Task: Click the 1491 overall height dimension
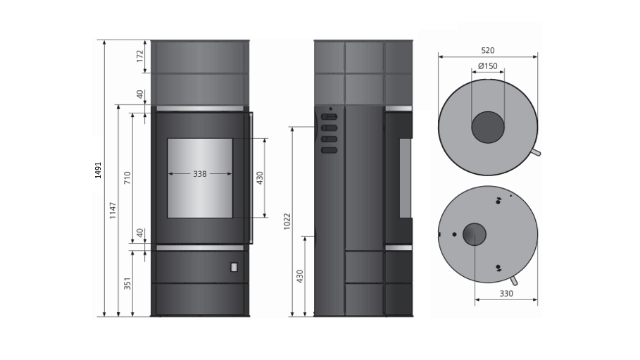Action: [98, 170]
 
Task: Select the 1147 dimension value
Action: [113, 211]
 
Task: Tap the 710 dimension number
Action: [127, 178]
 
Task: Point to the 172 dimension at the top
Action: [140, 56]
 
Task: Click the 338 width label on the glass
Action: [200, 174]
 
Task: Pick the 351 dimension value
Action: [127, 283]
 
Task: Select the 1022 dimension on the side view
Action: [287, 221]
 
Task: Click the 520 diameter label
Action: [488, 51]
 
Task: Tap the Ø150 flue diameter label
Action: [488, 66]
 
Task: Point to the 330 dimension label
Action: [506, 293]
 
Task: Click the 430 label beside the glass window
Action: [260, 178]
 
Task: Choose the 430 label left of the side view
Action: [300, 276]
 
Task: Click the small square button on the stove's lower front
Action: [234, 267]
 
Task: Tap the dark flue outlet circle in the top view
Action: [488, 127]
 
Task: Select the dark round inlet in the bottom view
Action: [475, 234]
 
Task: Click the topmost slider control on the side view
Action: [329, 117]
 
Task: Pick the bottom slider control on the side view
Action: [329, 150]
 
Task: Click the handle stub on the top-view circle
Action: [536, 152]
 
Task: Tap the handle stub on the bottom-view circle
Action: [514, 280]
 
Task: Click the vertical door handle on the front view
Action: [249, 178]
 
